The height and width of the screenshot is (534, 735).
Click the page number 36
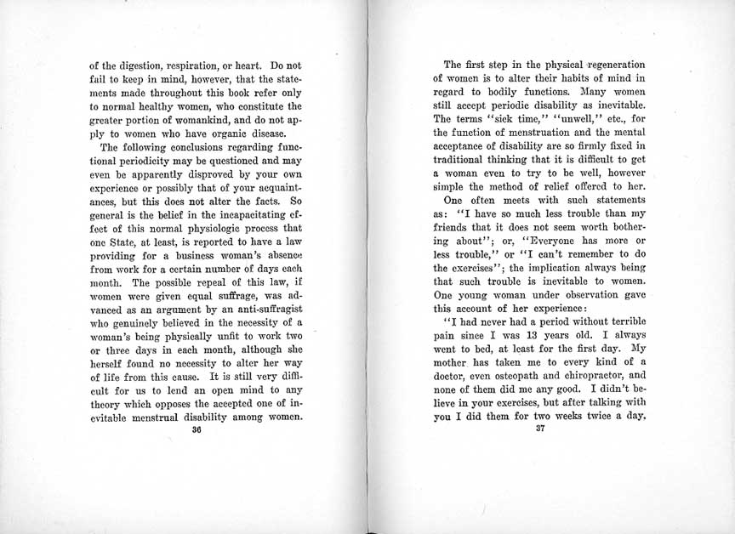click(196, 429)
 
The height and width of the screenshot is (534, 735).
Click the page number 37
click(539, 428)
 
